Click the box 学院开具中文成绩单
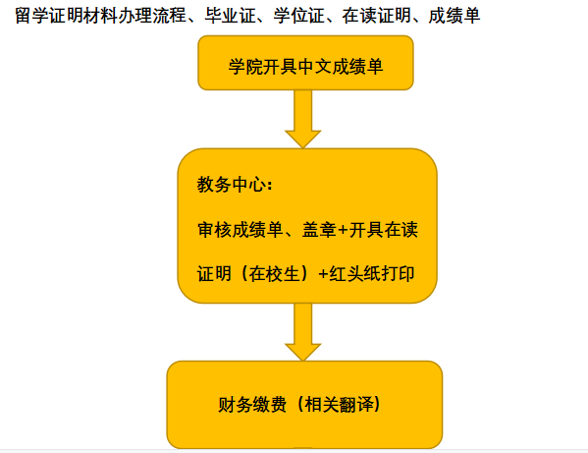coord(305,63)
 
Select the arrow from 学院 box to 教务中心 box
coord(303,119)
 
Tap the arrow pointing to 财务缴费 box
coord(303,332)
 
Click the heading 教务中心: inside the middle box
coord(235,185)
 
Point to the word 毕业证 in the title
coord(230,16)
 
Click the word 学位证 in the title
coord(298,16)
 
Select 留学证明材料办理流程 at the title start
coord(100,16)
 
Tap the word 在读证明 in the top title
coord(376,16)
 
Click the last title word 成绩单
coord(454,16)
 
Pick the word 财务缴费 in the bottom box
coord(252,405)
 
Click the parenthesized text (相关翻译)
coord(339,405)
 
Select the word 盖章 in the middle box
coord(319,230)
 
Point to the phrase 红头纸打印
coord(372,273)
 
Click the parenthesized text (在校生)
coord(275,273)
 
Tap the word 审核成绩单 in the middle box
coord(240,230)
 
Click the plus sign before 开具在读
coord(343,230)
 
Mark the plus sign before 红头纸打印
coord(323,273)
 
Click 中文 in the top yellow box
coord(314,67)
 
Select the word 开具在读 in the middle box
coord(383,230)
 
